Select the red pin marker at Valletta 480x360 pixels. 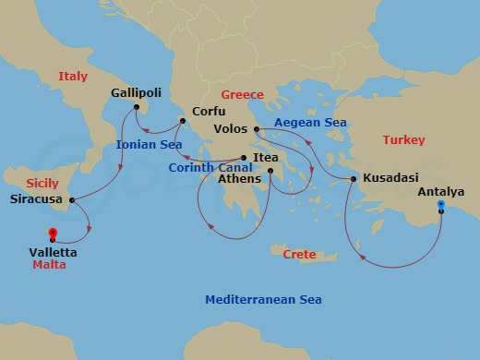pyautogui.click(x=52, y=234)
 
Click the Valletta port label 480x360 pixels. pyautogui.click(x=53, y=252)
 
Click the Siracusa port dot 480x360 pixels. pyautogui.click(x=72, y=198)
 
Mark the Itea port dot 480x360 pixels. pyautogui.click(x=244, y=157)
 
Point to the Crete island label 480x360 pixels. pyautogui.click(x=299, y=254)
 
